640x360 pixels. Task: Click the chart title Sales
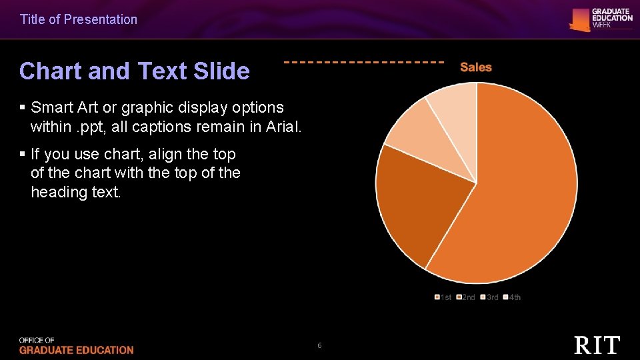click(476, 67)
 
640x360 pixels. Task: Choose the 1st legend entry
click(443, 297)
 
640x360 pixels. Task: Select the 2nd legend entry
click(466, 297)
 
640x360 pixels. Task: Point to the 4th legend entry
click(512, 297)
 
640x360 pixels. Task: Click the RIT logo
click(597, 345)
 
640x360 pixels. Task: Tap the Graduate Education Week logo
click(601, 19)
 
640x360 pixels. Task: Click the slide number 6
click(319, 345)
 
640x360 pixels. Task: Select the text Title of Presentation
click(79, 19)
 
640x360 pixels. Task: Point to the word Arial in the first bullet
click(283, 126)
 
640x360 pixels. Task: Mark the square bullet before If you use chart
click(23, 155)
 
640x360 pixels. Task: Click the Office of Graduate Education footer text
click(76, 346)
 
